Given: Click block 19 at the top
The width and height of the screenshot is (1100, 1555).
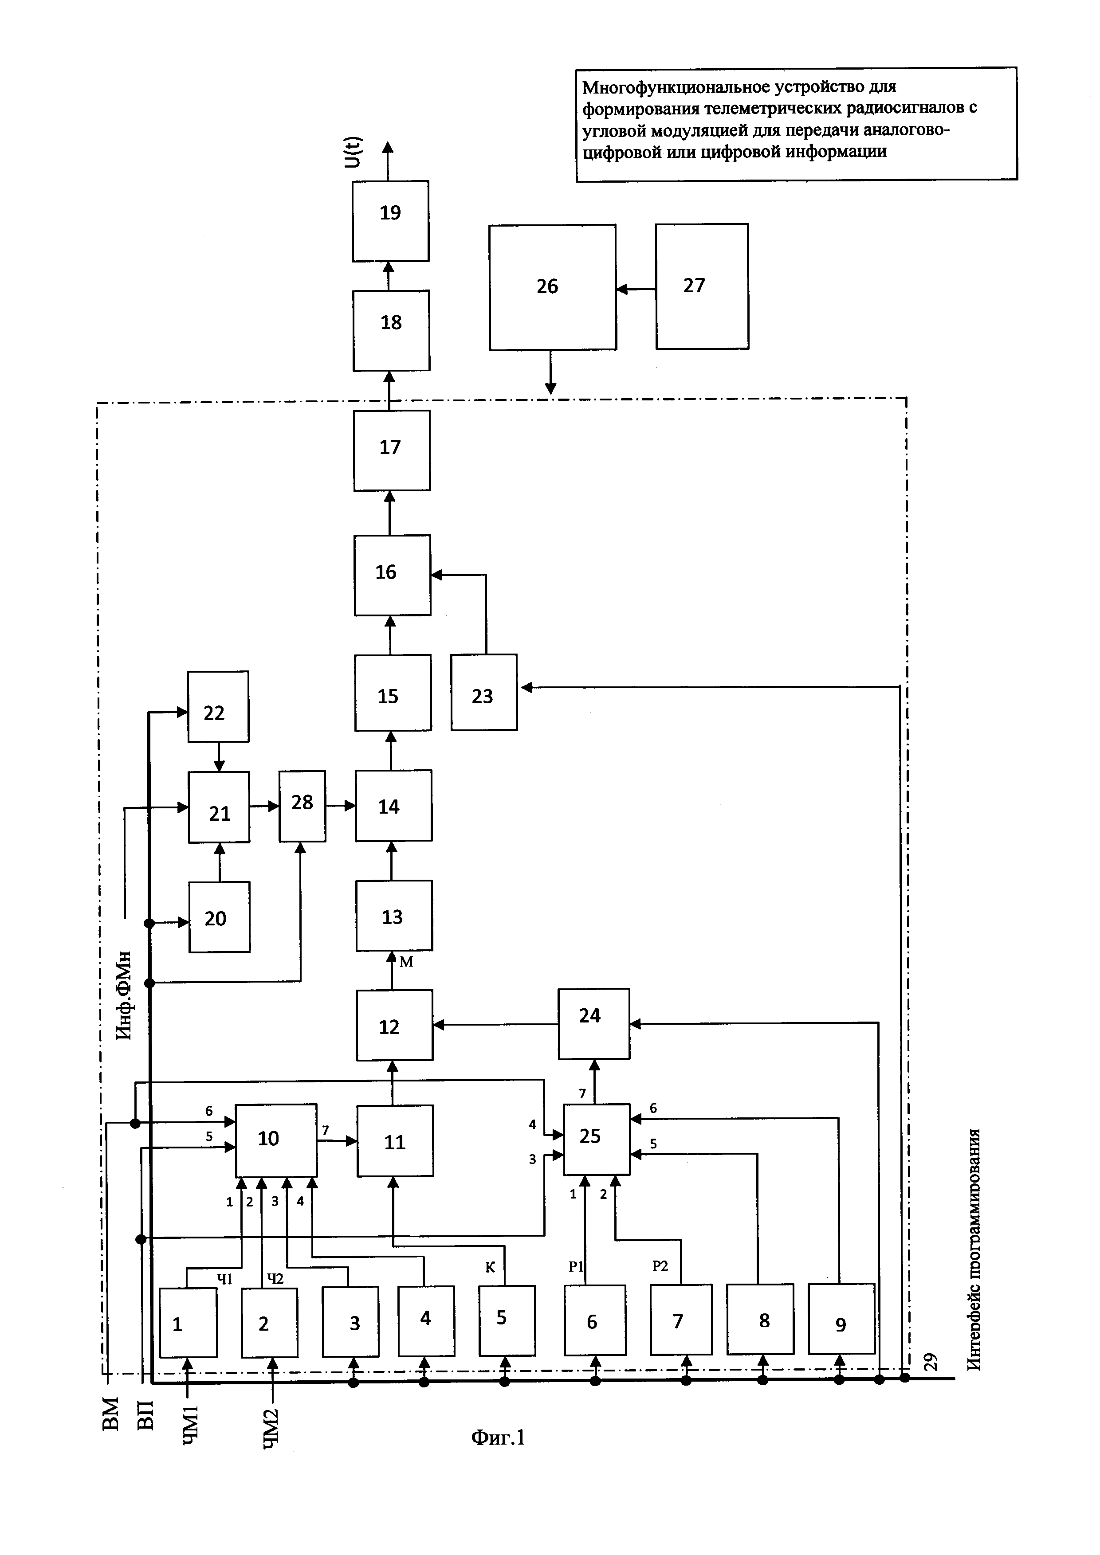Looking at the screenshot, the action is (x=390, y=221).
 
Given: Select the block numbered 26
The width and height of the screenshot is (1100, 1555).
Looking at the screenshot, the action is (x=553, y=287).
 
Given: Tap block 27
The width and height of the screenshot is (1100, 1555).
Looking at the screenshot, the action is (x=702, y=286).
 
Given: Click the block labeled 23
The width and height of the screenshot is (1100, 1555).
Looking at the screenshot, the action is (x=483, y=692).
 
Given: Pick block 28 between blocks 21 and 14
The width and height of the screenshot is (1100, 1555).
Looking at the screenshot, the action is (x=302, y=806).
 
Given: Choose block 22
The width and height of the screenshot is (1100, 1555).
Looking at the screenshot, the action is (x=218, y=706).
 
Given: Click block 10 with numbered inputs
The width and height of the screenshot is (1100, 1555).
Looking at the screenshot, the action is (x=276, y=1140).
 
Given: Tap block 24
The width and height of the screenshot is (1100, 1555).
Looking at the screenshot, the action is (x=593, y=1023).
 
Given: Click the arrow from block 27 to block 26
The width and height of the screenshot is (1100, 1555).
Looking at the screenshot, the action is (x=635, y=289).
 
